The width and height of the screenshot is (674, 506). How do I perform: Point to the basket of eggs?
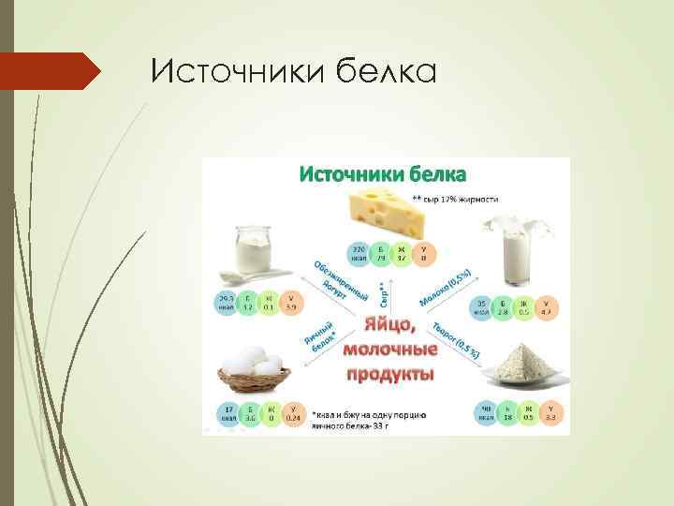252,374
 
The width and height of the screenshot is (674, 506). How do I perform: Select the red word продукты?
389,374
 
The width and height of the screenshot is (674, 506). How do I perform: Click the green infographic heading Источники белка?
386,173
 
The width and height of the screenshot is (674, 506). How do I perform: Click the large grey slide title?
293,70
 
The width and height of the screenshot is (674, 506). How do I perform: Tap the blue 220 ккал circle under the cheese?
359,253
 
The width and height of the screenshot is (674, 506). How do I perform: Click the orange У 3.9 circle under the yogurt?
291,303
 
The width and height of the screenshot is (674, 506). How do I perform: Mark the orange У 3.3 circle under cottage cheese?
550,414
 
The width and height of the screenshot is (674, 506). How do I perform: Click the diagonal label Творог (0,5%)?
456,341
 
